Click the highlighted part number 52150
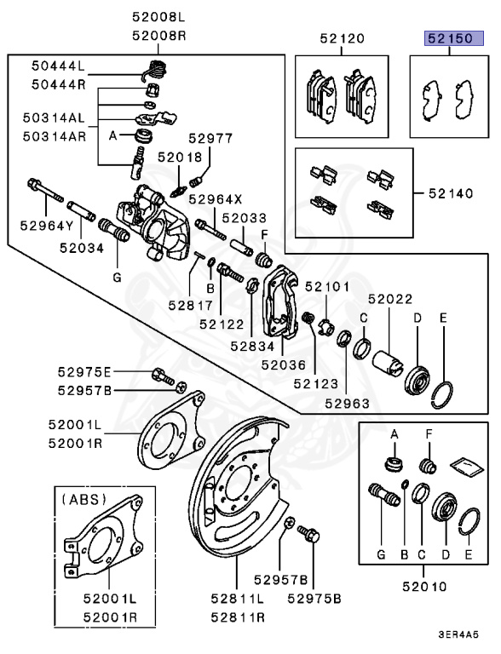point(449,38)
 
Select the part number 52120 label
point(342,38)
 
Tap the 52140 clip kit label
point(449,194)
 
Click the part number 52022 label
point(390,299)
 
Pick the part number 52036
point(283,364)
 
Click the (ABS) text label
point(83,500)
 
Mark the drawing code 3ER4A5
point(458,634)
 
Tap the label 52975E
point(85,372)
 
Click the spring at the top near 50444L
point(156,69)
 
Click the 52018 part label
point(179,158)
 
